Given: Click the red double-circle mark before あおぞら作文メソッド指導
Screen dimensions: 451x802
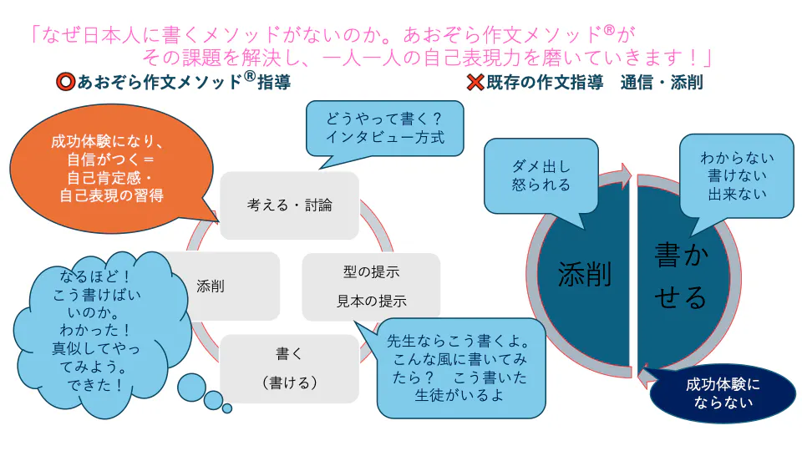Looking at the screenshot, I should click(67, 83).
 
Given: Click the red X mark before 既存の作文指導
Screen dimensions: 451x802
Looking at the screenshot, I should click(475, 83).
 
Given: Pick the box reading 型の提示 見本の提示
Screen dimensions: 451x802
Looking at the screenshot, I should click(371, 286).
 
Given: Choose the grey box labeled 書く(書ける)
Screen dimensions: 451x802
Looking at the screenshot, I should click(289, 368).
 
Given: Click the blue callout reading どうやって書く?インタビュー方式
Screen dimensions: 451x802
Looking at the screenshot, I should click(384, 128).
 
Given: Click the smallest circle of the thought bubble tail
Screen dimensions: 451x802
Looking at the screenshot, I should click(226, 408).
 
